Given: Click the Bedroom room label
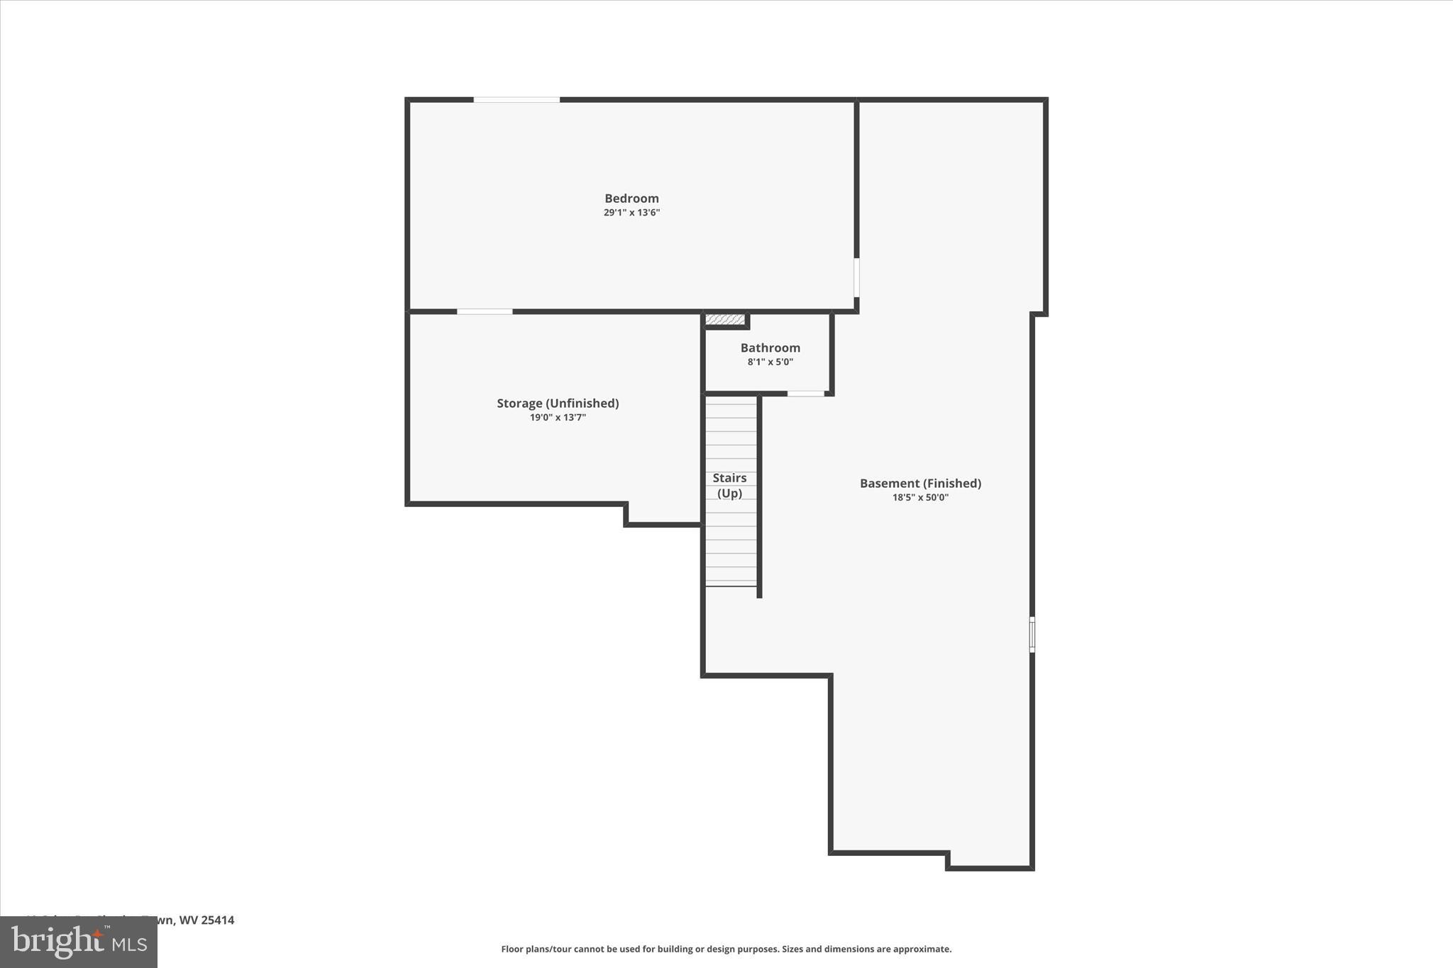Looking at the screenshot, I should (631, 199).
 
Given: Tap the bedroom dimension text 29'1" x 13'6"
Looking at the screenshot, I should (631, 213).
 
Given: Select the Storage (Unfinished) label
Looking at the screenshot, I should (558, 404).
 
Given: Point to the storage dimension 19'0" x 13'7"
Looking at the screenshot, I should (558, 418).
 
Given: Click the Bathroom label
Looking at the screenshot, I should (770, 348).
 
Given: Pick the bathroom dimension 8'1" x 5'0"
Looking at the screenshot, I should (770, 362).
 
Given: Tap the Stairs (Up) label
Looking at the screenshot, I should (729, 486).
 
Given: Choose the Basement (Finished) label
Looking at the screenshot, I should (920, 484).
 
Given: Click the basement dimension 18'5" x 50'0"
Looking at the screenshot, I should (920, 498).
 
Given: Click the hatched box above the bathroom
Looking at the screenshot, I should (725, 320).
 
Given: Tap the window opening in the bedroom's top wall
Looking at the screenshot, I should (516, 100).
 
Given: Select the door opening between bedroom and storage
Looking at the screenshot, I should (485, 311).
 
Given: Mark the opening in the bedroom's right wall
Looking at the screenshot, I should (856, 277).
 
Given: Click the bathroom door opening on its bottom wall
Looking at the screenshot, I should (806, 394).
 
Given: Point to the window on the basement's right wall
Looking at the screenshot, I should (1032, 634).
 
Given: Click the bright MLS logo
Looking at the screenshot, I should (79, 942).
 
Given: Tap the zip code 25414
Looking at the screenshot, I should (217, 920).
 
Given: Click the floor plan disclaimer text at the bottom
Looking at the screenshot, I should (726, 949).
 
